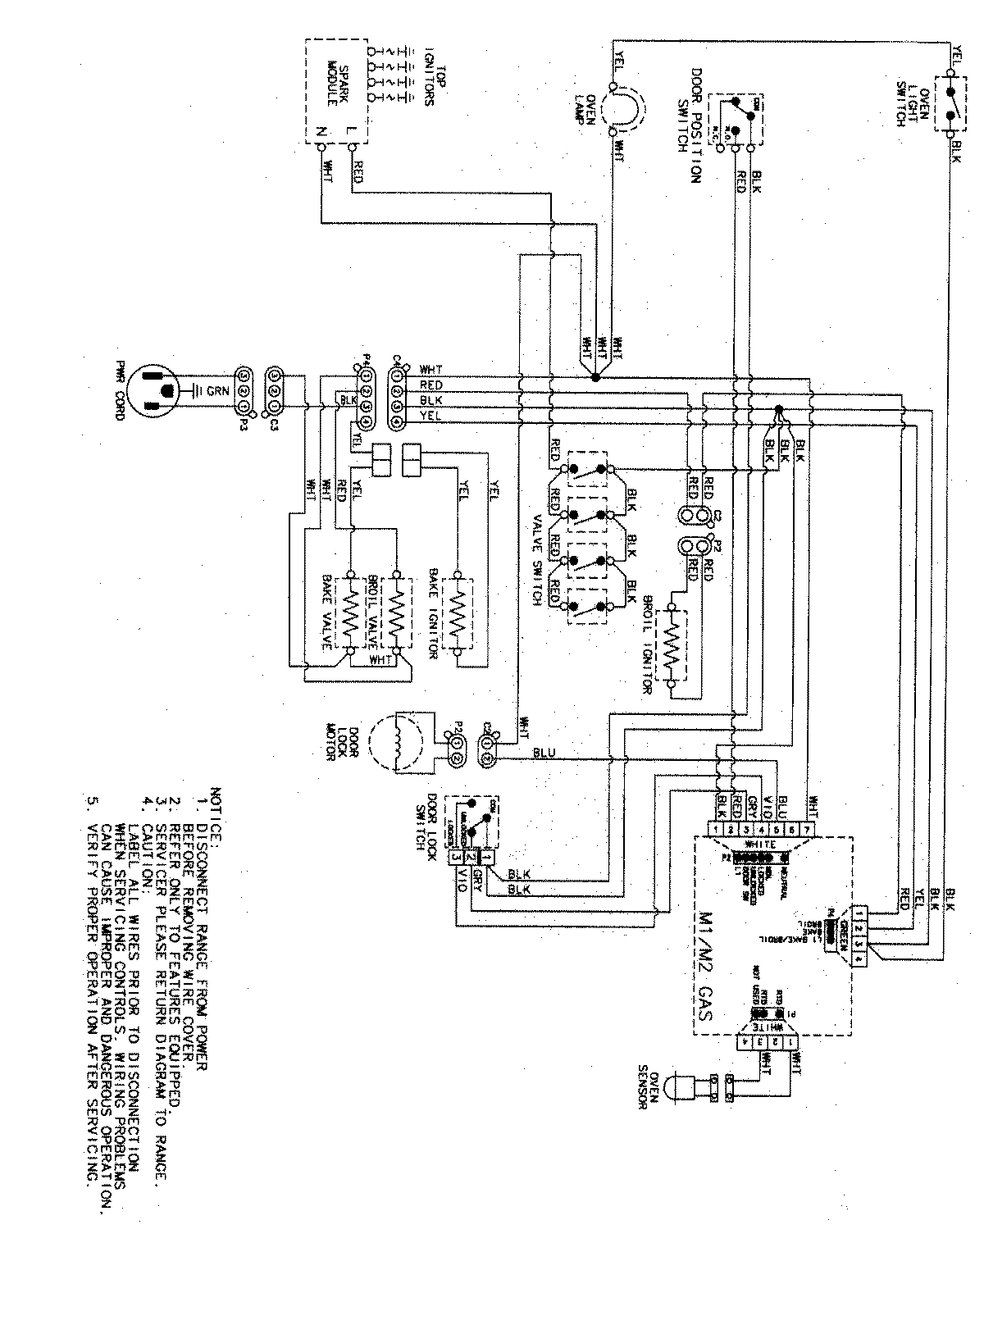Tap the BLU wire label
click(x=544, y=752)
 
